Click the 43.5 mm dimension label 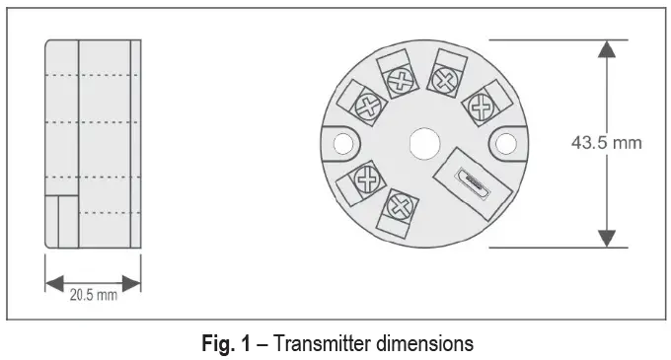(x=606, y=143)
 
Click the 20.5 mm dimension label (x=93, y=294)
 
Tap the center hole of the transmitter (x=424, y=143)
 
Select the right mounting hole (x=506, y=144)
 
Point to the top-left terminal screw (x=400, y=81)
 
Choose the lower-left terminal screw (x=368, y=180)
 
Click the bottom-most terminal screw (x=399, y=207)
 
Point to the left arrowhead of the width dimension (x=52, y=281)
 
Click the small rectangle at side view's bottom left (x=61, y=221)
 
